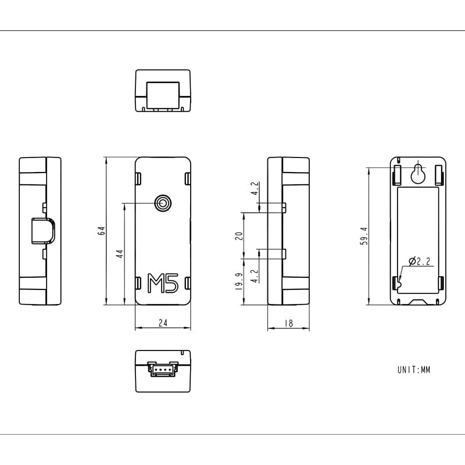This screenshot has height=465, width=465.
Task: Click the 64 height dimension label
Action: point(101,230)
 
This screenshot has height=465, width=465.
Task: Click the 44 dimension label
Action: point(120,253)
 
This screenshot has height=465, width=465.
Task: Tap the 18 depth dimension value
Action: point(288,323)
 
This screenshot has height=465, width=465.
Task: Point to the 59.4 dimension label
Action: point(364,236)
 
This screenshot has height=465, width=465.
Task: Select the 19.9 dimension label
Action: point(238,281)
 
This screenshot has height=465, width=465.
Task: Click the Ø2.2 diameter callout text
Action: point(420,262)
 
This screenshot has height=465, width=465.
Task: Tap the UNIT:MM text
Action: point(414,370)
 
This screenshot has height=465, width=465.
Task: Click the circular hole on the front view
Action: point(163,203)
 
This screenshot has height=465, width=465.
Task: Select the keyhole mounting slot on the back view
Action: point(419,173)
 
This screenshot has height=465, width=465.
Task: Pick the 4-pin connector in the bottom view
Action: point(163,369)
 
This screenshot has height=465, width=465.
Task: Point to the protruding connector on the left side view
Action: point(42,231)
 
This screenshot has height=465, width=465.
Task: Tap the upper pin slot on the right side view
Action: point(272,206)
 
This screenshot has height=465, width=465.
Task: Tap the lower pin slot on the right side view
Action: point(272,253)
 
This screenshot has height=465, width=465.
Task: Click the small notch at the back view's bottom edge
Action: point(419,302)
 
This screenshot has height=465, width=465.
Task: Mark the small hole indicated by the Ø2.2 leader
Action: point(400,283)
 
